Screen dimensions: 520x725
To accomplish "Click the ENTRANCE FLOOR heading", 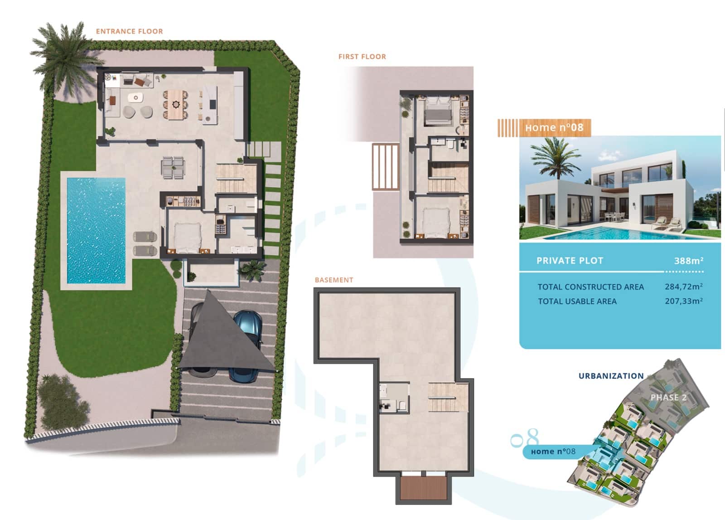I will click(129, 31).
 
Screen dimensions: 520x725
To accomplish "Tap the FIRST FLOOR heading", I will click(362, 57).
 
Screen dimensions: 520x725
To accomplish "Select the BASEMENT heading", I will click(333, 280).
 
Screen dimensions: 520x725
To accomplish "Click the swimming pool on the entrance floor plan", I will click(96, 230).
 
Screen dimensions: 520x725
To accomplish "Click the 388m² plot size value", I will click(688, 261).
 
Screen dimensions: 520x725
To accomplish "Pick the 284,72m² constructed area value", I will click(683, 287).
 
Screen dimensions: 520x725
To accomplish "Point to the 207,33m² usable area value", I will click(683, 301).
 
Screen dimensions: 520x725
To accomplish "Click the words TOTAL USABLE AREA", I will click(577, 301).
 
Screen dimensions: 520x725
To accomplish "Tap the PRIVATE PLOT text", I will click(570, 261).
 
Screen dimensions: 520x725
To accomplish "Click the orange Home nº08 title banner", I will click(554, 128).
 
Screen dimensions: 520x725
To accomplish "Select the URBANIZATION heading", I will click(611, 376).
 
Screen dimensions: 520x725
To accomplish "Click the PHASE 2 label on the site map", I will click(668, 398).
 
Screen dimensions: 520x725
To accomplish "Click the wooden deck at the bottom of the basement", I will click(423, 488).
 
